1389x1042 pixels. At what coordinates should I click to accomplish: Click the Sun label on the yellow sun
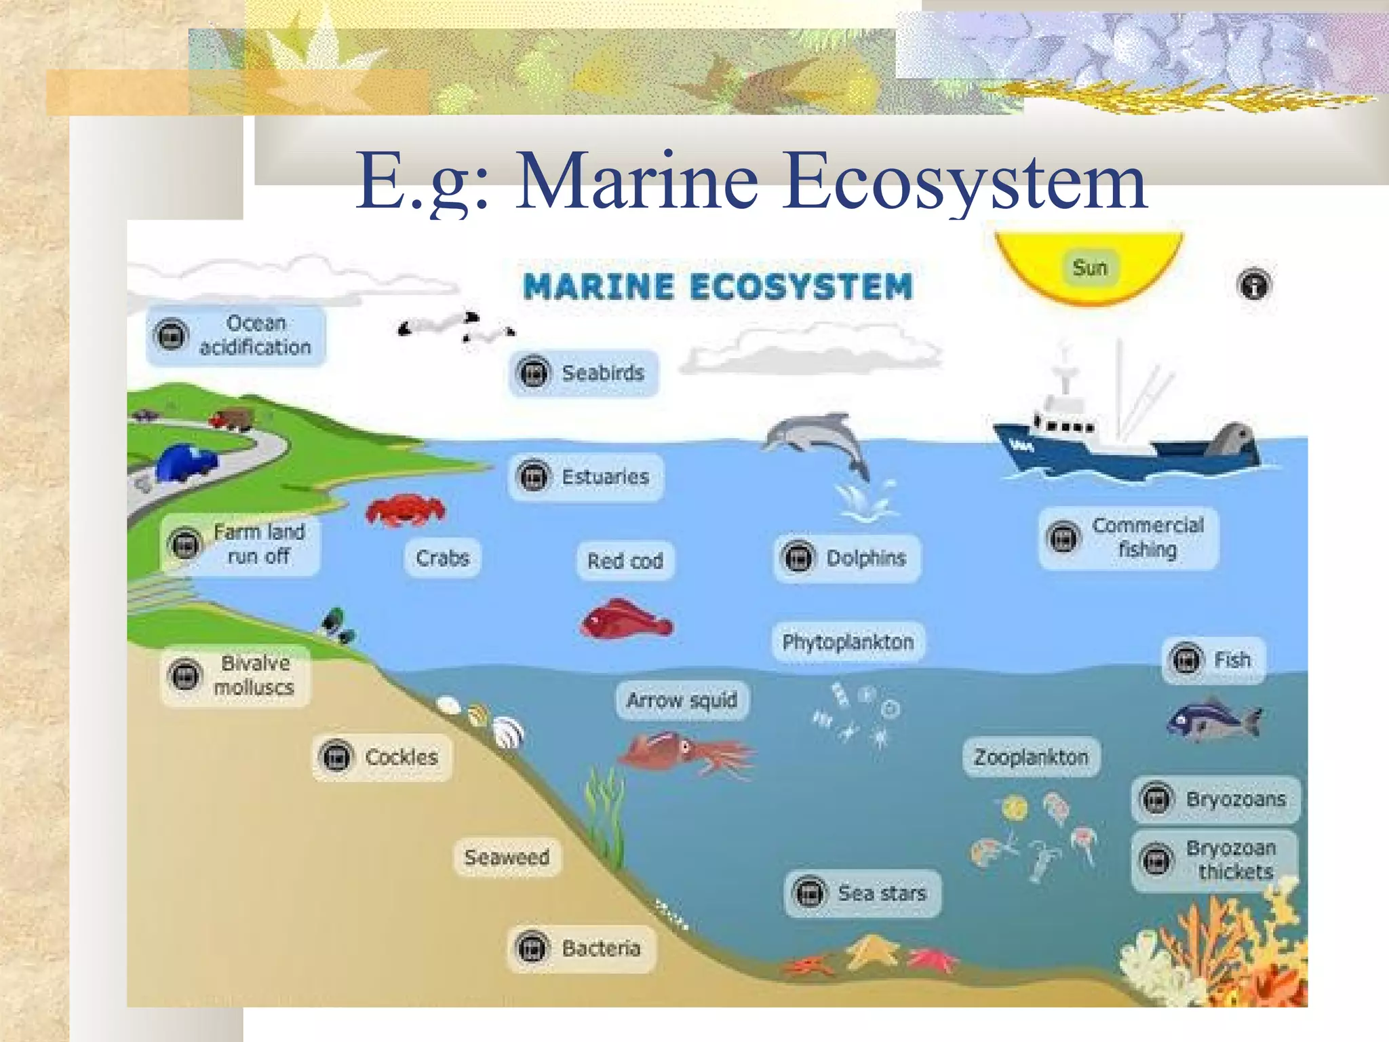[1089, 268]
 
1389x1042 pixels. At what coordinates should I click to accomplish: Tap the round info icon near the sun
[1254, 285]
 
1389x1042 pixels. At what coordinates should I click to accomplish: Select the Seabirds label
[583, 373]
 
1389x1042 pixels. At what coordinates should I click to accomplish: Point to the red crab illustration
[405, 510]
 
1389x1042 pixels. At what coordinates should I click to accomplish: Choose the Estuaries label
[585, 477]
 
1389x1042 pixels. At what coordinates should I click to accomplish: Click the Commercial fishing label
[1129, 538]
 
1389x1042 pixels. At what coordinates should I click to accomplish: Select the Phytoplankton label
[848, 642]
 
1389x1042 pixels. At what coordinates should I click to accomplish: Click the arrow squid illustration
[685, 753]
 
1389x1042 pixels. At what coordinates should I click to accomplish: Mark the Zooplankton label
[1031, 757]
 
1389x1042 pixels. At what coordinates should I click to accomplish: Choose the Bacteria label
[582, 948]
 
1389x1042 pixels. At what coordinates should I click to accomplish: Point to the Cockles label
[382, 757]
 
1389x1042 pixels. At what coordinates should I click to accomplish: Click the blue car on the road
[186, 463]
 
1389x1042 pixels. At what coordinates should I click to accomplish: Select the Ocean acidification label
[236, 335]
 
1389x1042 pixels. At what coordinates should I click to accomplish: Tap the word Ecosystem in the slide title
[964, 182]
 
